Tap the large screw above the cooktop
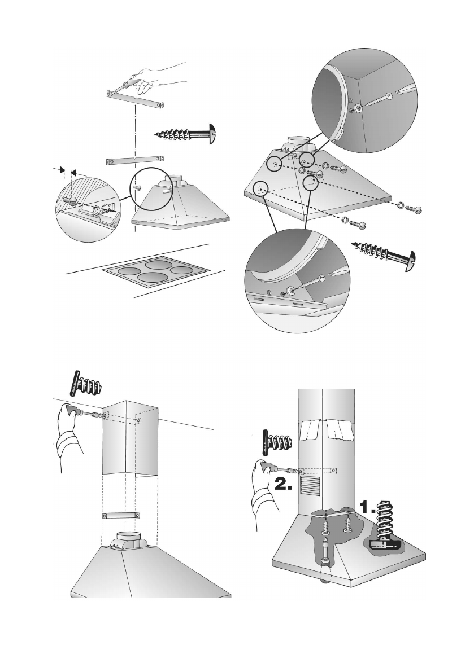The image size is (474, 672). point(186,134)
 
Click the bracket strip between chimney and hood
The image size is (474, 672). point(121,516)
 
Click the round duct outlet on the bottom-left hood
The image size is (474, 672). point(132,540)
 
